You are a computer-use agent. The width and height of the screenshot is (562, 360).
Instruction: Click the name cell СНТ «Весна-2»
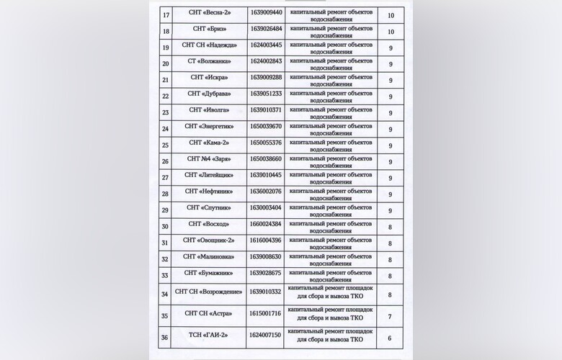[210, 14]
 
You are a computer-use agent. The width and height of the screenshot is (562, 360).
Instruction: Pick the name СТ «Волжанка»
[210, 63]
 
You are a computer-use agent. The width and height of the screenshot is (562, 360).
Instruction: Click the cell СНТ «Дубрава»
[210, 94]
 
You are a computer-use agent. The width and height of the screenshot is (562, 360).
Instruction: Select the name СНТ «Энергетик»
[210, 127]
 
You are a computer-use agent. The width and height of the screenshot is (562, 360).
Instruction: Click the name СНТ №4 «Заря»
[210, 159]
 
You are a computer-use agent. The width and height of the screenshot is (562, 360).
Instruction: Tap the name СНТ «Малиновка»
[210, 257]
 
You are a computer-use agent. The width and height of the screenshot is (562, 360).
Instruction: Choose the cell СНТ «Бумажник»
[210, 274]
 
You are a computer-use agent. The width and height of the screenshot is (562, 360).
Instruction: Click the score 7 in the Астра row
[390, 316]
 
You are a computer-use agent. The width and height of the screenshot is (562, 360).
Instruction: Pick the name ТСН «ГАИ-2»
[210, 336]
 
